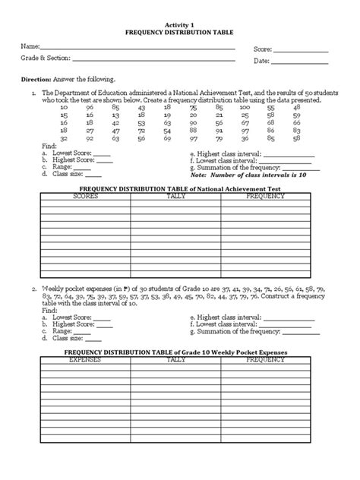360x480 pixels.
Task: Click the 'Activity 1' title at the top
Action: [x=179, y=24]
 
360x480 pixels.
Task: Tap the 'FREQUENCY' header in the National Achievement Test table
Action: [x=266, y=196]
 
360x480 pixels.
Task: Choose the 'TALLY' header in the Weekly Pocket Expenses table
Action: [x=176, y=359]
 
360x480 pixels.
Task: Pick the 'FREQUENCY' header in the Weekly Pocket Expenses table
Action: [x=266, y=359]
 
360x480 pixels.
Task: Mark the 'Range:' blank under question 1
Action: [x=81, y=168]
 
